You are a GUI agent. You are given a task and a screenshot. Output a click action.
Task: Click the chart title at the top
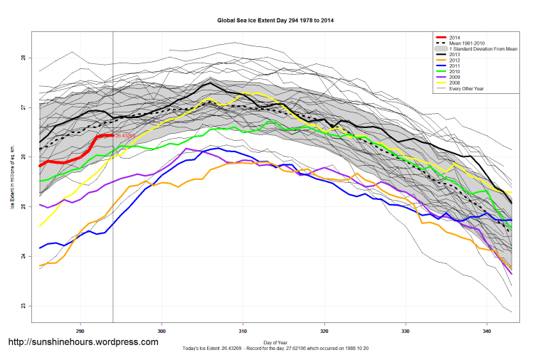275,21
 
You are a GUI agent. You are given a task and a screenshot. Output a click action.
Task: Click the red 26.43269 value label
126,134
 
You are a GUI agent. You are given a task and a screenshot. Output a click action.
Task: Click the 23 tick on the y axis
23,306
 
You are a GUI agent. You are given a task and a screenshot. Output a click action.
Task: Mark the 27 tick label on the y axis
23,107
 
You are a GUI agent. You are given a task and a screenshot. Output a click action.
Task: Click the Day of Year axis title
275,342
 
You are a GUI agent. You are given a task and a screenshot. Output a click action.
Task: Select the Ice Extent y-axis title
12,181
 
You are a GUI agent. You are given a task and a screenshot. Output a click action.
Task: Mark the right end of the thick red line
112,134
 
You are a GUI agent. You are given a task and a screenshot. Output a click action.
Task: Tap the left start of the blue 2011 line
41,248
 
